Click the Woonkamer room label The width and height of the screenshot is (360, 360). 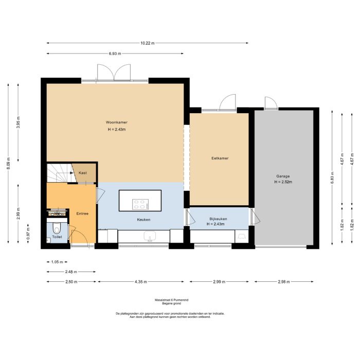pyautogui.click(x=117, y=122)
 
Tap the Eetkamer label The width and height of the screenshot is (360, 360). pyautogui.click(x=220, y=158)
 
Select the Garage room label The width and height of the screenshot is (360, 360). pyautogui.click(x=283, y=176)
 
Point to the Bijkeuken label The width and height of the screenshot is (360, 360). pyautogui.click(x=218, y=219)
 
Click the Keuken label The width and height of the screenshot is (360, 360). pyautogui.click(x=143, y=220)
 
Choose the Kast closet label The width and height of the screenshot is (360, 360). pyautogui.click(x=83, y=173)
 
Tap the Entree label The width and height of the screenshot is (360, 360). pyautogui.click(x=82, y=213)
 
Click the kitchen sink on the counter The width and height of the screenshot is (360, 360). pyautogui.click(x=151, y=237)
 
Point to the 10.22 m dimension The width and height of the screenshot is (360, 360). pyautogui.click(x=147, y=43)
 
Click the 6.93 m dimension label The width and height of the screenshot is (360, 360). pyautogui.click(x=115, y=53)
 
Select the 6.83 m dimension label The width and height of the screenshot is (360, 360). pyautogui.click(x=332, y=178)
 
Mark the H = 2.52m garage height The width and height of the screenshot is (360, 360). pyautogui.click(x=283, y=182)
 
